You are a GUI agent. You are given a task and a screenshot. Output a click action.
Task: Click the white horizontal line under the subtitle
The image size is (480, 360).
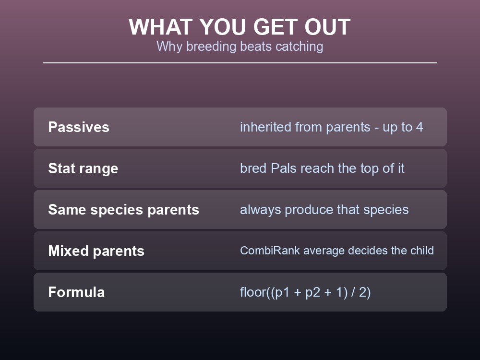coord(240,63)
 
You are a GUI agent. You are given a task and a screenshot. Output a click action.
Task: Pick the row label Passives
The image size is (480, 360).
coord(79,127)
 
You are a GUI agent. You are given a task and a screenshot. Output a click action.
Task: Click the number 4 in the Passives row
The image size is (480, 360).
coord(420,127)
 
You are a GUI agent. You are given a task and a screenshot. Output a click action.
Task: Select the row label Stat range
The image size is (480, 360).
coord(83,168)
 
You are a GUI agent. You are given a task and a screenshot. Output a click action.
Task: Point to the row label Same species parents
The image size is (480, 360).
coord(124,210)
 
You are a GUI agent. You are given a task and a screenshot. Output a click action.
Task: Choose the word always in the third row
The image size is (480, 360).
coord(261,210)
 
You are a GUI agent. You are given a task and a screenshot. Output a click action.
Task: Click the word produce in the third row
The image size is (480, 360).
coord(309,210)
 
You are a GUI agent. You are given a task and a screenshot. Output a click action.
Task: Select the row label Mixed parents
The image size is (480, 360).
coord(96,251)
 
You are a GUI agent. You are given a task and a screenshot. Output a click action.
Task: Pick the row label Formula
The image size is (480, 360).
coord(76,292)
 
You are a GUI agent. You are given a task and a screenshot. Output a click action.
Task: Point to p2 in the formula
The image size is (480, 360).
coord(312,293)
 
